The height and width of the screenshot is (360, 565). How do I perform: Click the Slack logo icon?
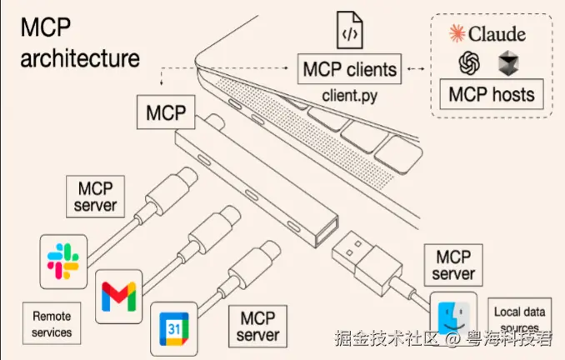click(x=63, y=262)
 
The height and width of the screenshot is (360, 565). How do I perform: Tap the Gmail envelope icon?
click(x=119, y=297)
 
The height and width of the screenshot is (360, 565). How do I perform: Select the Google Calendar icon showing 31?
click(x=174, y=329)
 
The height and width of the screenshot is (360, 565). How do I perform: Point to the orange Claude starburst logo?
click(x=457, y=33)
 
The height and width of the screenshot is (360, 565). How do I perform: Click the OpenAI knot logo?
click(x=469, y=62)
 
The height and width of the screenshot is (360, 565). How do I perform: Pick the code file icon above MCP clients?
click(x=349, y=30)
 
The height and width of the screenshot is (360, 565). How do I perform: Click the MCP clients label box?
click(x=349, y=69)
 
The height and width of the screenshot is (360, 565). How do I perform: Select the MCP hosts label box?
click(x=492, y=94)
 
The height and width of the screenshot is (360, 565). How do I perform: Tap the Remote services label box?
click(x=52, y=323)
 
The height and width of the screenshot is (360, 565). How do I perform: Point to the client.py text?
click(x=349, y=96)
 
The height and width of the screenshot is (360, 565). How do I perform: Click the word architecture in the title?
click(x=80, y=58)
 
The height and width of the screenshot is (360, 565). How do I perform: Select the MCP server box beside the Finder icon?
click(x=453, y=265)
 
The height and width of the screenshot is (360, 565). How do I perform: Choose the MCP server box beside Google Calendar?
click(x=257, y=327)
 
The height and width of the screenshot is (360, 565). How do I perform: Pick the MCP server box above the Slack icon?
click(x=96, y=197)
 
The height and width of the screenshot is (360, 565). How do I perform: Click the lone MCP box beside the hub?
click(x=166, y=112)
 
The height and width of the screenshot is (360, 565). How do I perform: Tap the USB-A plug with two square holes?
click(x=367, y=263)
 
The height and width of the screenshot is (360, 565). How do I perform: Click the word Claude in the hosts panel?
click(x=497, y=34)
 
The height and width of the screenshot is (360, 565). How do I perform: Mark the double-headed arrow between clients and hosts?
click(x=416, y=68)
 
